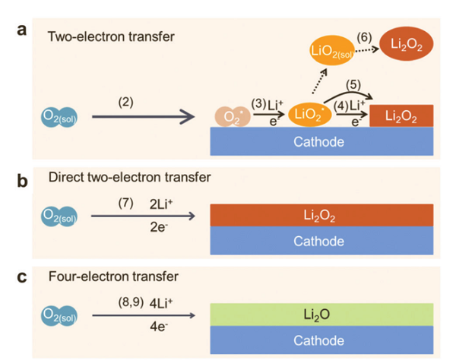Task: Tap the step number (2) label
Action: [125, 102]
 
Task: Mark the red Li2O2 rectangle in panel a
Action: [401, 117]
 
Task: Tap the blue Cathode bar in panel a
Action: [320, 142]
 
